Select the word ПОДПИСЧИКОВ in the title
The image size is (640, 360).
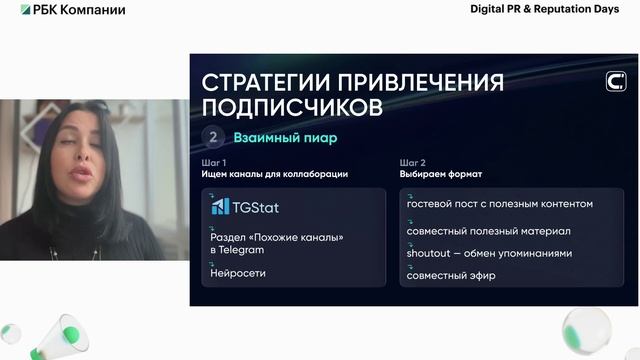[x=290, y=105]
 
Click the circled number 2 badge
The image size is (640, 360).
[x=213, y=138]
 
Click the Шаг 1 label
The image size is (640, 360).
[x=213, y=162]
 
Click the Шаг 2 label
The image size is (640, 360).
[x=412, y=162]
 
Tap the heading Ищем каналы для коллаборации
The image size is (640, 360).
[x=274, y=175]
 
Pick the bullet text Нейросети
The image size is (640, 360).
[x=238, y=272]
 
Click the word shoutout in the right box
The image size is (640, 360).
[x=429, y=253]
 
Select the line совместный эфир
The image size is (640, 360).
[x=451, y=275]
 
